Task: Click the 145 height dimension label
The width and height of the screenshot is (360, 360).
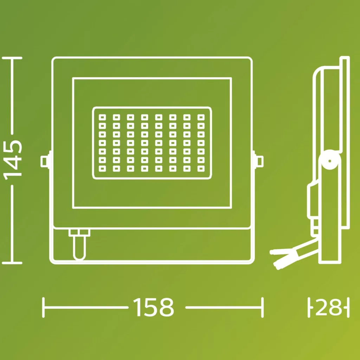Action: [13, 160]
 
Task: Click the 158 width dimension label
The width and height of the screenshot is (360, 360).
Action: [153, 307]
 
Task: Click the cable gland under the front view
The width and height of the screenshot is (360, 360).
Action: [79, 244]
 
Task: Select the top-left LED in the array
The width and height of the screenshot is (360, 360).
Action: [102, 117]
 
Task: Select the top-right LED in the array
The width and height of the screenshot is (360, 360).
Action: [201, 117]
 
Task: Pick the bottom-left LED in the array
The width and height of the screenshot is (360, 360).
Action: [102, 168]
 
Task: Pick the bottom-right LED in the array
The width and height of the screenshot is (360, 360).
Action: [201, 168]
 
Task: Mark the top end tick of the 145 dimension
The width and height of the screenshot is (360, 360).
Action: [12, 58]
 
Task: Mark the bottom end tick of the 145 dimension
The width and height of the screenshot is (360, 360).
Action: [12, 263]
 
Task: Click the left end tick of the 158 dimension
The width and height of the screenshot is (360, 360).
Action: [43, 307]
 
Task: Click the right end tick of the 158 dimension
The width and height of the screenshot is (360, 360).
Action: [262, 307]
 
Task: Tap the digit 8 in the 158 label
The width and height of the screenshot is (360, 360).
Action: [166, 307]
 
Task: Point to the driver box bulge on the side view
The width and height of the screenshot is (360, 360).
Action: [313, 201]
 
